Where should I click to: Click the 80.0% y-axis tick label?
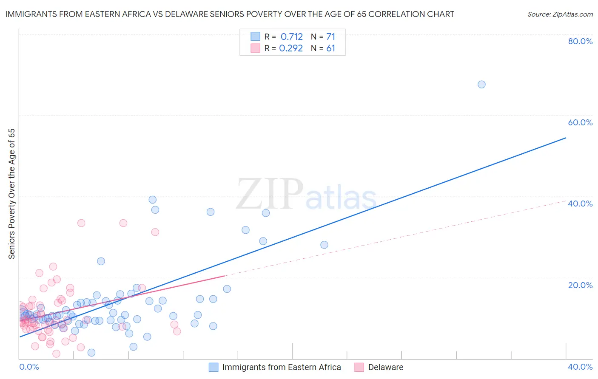coord(580,41)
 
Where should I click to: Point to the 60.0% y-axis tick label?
coord(580,122)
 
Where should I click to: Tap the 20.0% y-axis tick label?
coord(580,285)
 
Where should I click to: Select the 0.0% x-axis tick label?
coord(29,367)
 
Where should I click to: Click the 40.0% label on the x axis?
coord(580,367)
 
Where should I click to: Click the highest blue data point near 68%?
coord(481,85)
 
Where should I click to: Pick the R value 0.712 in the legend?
coord(292,37)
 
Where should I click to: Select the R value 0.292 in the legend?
coord(291,48)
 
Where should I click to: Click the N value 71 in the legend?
coord(331,37)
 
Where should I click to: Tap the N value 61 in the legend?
coord(331,48)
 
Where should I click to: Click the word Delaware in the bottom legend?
coord(386,367)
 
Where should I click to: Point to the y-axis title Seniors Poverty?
coord(12,194)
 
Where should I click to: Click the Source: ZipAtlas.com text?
coord(560,14)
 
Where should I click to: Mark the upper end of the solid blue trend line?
coord(566,138)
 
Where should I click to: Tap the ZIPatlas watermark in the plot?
coord(306,195)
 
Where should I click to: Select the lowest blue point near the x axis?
coord(91,353)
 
